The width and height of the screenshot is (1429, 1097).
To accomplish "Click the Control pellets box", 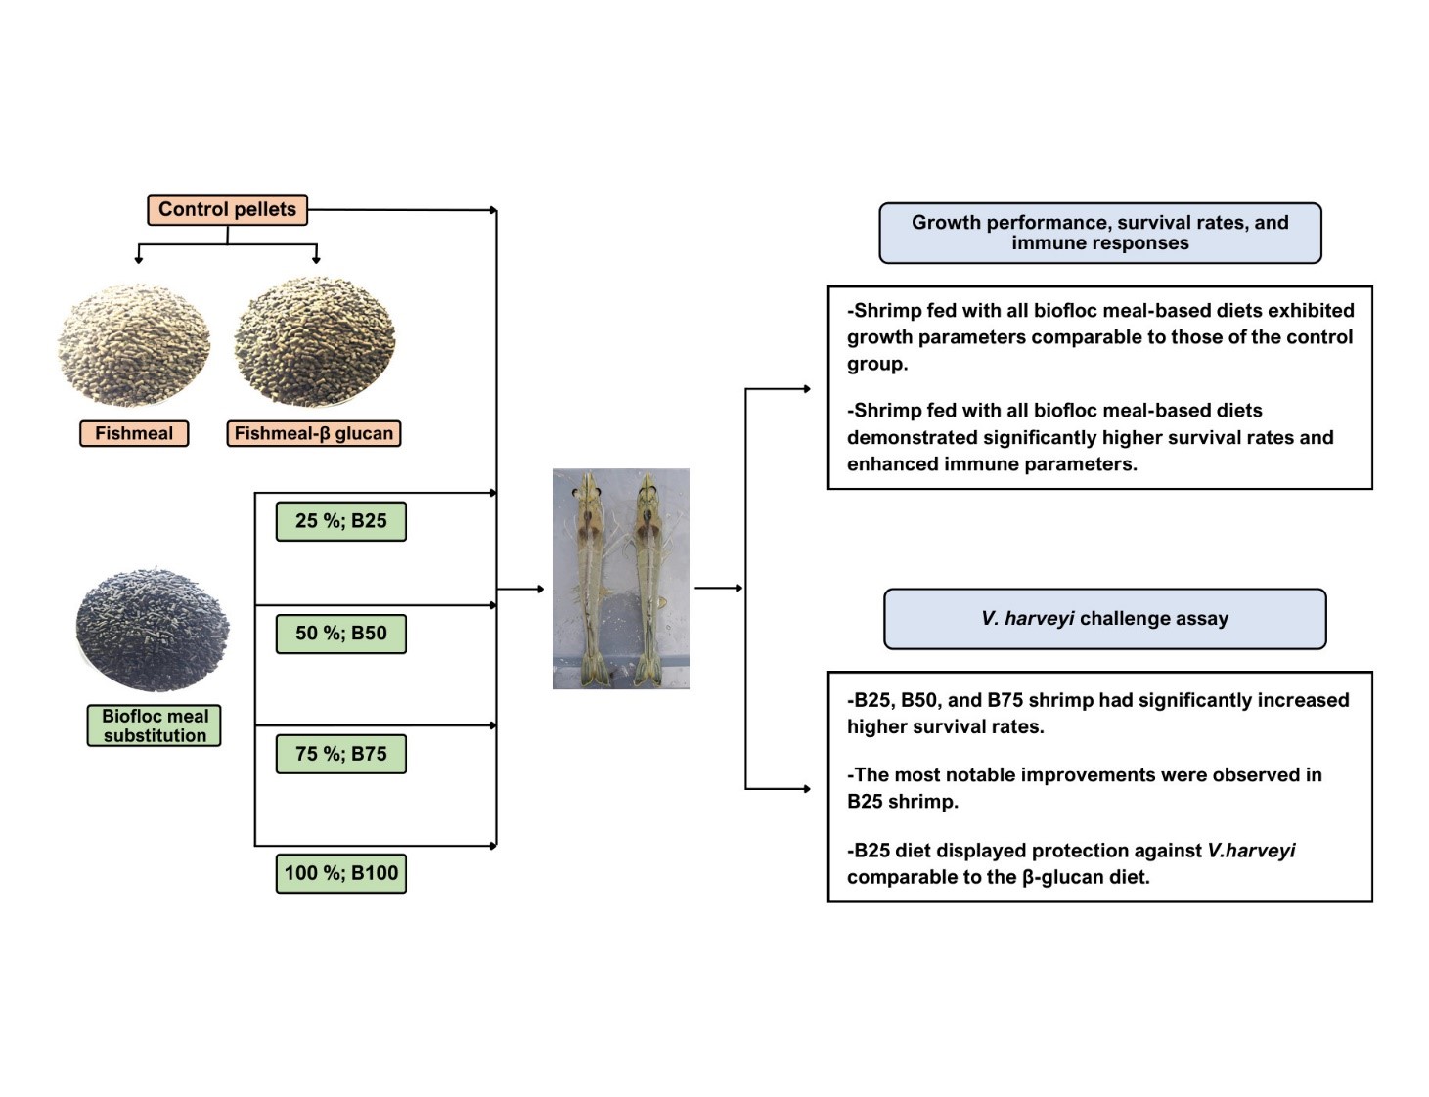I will pos(227,209).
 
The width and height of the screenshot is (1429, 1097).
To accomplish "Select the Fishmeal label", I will pos(134,433).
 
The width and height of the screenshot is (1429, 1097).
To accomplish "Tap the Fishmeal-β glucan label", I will pos(314,433).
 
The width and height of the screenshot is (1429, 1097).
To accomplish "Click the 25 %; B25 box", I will pos(340,521).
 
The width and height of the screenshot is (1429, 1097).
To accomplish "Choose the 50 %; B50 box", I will pos(340,634).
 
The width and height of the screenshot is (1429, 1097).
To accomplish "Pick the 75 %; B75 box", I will pos(340,754).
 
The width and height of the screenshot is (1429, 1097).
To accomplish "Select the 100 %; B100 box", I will pos(340,873).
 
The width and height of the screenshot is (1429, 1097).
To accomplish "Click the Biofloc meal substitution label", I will pos(155,725).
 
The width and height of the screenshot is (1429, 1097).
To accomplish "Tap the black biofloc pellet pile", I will pos(153,628).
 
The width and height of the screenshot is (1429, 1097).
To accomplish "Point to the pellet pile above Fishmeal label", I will pos(134,345).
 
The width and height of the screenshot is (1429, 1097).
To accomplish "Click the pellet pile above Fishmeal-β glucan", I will pos(314,341).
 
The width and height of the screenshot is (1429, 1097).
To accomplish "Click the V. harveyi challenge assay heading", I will pos(1104,618).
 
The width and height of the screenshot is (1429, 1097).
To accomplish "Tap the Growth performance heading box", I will pos(1099,233).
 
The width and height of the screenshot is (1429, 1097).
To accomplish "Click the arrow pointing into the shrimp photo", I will pos(520,589).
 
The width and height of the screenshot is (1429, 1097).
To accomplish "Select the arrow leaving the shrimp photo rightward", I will pos(719,588).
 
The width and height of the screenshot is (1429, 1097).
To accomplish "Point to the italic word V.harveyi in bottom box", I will pos(1251,851).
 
